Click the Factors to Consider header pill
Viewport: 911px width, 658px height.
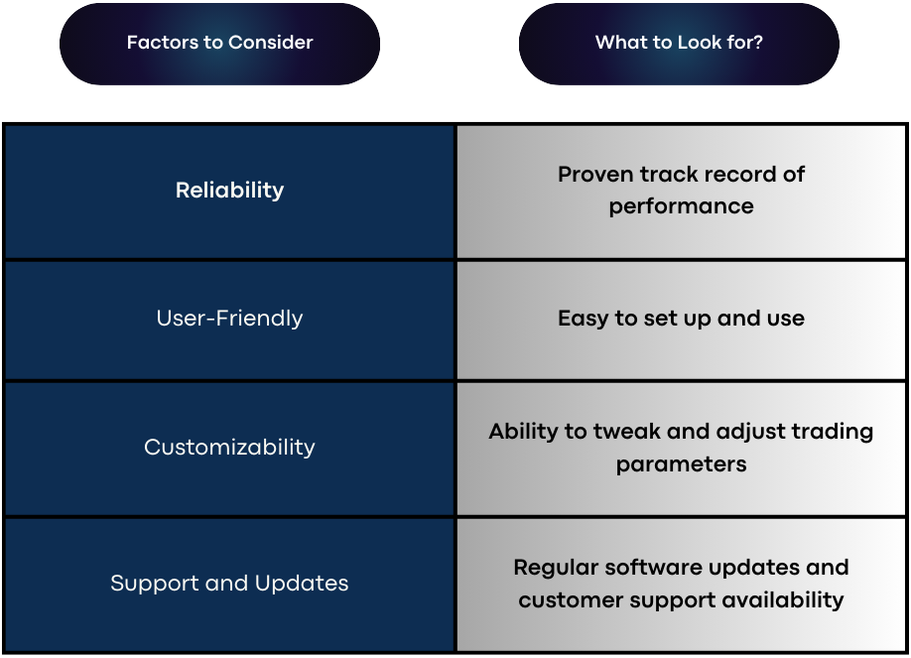click(x=219, y=44)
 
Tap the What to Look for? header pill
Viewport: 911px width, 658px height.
click(x=679, y=44)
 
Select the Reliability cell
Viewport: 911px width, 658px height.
click(x=229, y=192)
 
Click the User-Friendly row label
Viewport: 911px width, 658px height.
click(x=229, y=319)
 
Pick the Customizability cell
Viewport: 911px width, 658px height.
click(x=229, y=449)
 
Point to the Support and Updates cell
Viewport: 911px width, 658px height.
click(x=229, y=585)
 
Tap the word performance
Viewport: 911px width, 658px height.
click(x=681, y=207)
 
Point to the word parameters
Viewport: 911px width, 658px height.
click(x=681, y=464)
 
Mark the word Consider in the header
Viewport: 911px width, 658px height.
click(x=270, y=43)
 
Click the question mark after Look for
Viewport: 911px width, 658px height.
click(x=757, y=43)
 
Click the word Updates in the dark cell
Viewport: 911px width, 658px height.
click(x=302, y=584)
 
